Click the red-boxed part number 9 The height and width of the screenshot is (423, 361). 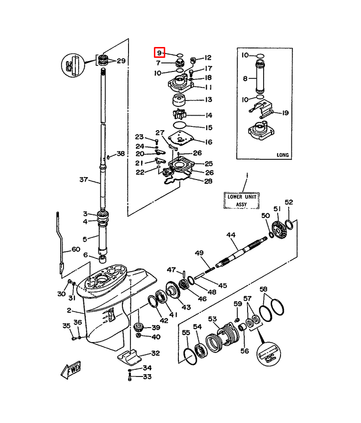click(159, 53)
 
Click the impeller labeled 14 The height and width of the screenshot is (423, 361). click(179, 114)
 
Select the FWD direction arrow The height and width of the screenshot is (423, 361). click(71, 370)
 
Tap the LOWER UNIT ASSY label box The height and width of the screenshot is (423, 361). click(241, 200)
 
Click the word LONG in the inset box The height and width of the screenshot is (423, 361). click(283, 155)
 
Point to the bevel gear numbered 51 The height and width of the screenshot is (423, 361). click(278, 230)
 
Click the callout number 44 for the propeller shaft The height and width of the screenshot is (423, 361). click(231, 235)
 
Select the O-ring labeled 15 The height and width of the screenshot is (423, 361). click(180, 125)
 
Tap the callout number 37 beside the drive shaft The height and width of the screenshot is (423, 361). click(84, 179)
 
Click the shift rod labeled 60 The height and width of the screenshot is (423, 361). click(61, 243)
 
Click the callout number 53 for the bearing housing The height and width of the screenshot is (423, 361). click(212, 319)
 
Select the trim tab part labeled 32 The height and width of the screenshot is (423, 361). click(130, 356)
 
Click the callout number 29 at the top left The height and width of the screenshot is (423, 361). click(121, 61)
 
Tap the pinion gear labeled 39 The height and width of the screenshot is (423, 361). click(138, 327)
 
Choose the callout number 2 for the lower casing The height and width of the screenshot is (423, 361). click(69, 310)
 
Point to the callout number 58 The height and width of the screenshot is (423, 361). click(264, 289)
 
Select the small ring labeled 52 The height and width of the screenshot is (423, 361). click(289, 225)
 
